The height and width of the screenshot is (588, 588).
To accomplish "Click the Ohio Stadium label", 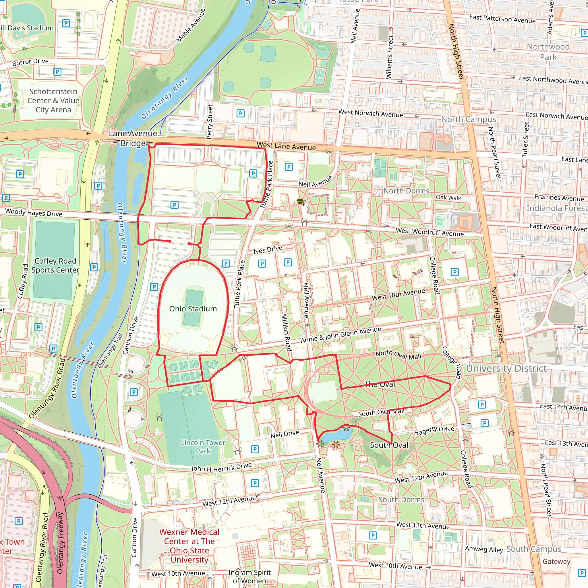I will pos(193,309).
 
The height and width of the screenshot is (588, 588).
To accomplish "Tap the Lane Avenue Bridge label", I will pos(133,138).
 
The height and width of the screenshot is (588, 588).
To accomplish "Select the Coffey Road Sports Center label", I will pos(55,265).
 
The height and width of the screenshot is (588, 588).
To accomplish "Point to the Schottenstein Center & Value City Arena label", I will pos(53,100).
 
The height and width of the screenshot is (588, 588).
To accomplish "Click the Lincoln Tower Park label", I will pos(203,446).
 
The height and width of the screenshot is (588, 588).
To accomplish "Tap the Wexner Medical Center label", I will pos(189,546).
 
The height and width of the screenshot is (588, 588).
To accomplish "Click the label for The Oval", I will pos(380,384).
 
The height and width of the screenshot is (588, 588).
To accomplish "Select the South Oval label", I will pos(389,445).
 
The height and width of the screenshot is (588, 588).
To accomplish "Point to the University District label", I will pos(506,368).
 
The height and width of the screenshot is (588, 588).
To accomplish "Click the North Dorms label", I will pos(406,191).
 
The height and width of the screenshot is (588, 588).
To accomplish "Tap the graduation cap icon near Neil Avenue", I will pos(300,202).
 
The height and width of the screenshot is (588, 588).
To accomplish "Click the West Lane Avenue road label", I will pos(286,146).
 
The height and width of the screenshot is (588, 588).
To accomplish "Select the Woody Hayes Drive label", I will pos(34,212).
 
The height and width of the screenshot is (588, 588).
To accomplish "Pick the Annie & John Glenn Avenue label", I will pos(341,334).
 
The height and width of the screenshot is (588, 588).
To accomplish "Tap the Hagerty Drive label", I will pos(434,430).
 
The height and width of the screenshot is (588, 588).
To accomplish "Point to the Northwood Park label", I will pos(548,52).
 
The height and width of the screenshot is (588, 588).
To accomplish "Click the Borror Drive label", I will pos(30,62).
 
